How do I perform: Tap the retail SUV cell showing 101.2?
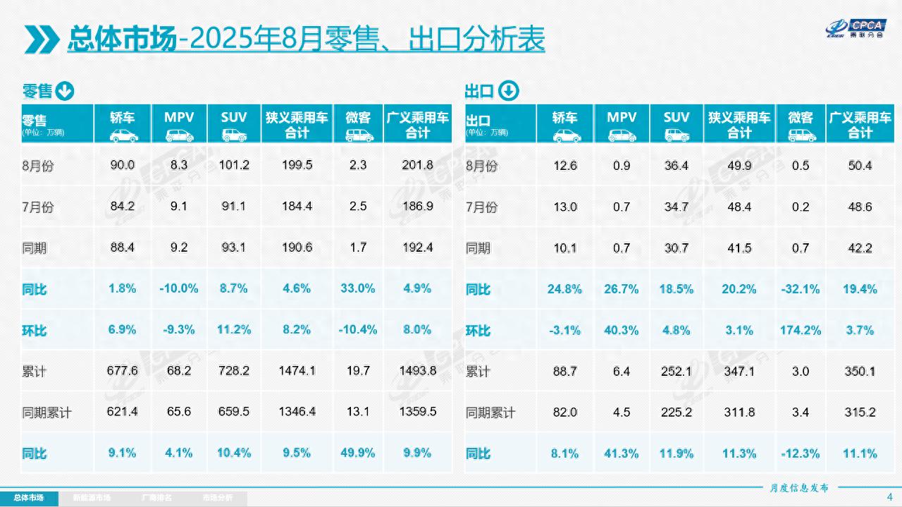tap(234, 166)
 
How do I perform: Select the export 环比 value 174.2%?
tap(801, 330)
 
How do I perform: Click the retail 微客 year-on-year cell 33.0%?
tap(358, 289)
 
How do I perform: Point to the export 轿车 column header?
tap(564, 124)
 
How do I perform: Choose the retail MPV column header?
tap(179, 124)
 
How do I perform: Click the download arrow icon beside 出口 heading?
tap(509, 91)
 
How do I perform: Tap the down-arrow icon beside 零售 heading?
tap(64, 91)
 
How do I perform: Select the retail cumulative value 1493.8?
tap(418, 371)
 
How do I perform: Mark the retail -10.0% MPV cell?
tap(179, 289)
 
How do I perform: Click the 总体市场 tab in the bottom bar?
tap(29, 498)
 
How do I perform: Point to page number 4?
tap(889, 496)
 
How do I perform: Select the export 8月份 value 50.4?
tap(860, 166)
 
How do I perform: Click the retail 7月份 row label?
tap(38, 207)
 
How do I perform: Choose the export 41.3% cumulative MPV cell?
tap(622, 453)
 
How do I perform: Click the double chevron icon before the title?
tap(42, 39)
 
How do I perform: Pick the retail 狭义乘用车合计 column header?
tap(297, 124)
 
